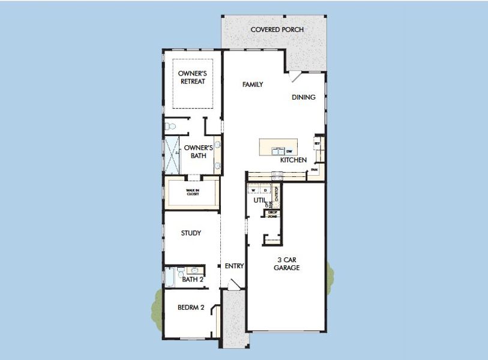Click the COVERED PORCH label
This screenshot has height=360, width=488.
(x=277, y=29)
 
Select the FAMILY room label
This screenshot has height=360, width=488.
(x=253, y=85)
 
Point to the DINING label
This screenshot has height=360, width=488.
(x=304, y=97)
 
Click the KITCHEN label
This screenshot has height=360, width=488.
(x=294, y=160)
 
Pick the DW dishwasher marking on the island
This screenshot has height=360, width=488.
(x=289, y=151)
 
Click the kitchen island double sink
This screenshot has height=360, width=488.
(x=277, y=151)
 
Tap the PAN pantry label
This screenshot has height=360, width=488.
(x=313, y=170)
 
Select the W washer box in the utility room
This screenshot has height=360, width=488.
(x=253, y=190)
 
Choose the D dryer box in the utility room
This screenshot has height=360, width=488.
(x=265, y=190)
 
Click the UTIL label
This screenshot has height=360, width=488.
(x=259, y=200)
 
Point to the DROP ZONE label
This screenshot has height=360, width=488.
(x=272, y=214)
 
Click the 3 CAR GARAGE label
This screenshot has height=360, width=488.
(x=287, y=264)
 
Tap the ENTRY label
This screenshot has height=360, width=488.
(x=234, y=266)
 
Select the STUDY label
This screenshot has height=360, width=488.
(x=191, y=233)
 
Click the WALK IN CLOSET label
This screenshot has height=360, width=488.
(x=192, y=193)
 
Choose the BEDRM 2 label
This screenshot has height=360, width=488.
(x=191, y=307)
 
